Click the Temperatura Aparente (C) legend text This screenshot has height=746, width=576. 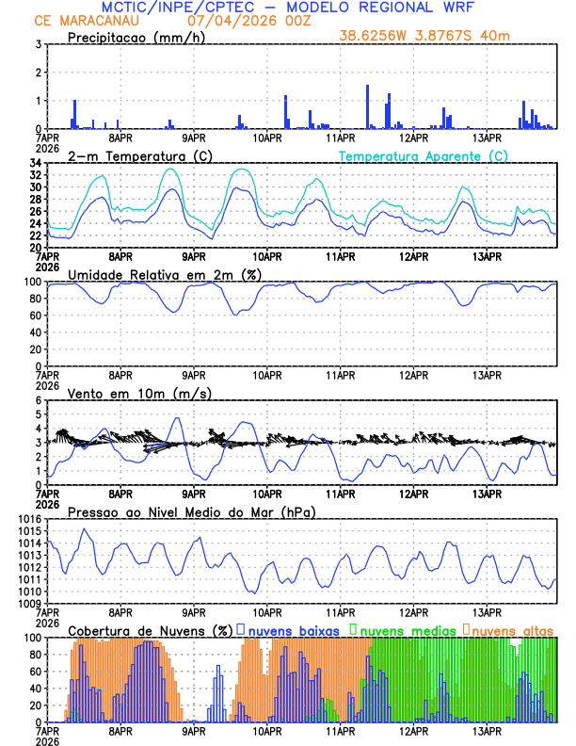(x=424, y=155)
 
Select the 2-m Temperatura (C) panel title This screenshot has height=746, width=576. (x=136, y=155)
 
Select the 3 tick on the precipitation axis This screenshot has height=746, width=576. (x=38, y=44)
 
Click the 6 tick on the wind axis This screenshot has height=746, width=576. (x=38, y=400)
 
